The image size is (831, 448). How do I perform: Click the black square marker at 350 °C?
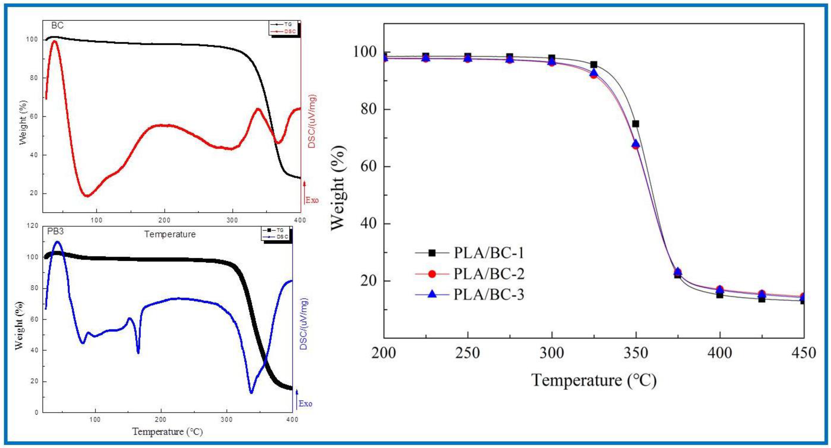636,124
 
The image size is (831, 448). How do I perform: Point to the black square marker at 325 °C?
593,65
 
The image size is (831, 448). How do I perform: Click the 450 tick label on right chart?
803,353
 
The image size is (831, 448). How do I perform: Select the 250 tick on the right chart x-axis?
468,353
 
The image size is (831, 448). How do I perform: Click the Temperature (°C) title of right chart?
593,380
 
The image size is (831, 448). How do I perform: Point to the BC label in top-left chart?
57,25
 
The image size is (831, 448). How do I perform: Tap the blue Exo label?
305,403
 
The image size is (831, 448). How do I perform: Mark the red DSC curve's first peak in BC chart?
54,41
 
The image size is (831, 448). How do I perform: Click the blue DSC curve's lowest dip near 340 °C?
251,392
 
